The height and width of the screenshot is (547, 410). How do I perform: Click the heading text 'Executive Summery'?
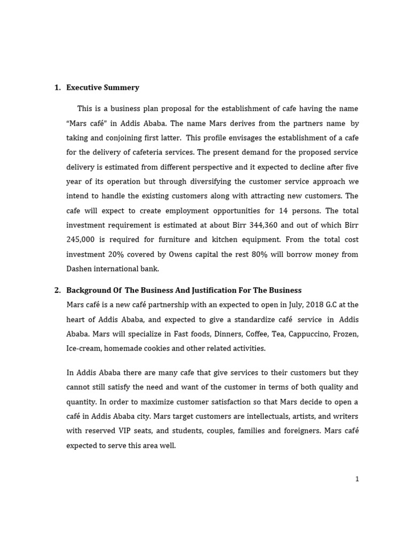click(x=102, y=88)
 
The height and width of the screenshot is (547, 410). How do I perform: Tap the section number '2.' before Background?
click(x=58, y=290)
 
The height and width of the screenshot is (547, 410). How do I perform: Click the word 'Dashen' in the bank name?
click(x=79, y=269)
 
